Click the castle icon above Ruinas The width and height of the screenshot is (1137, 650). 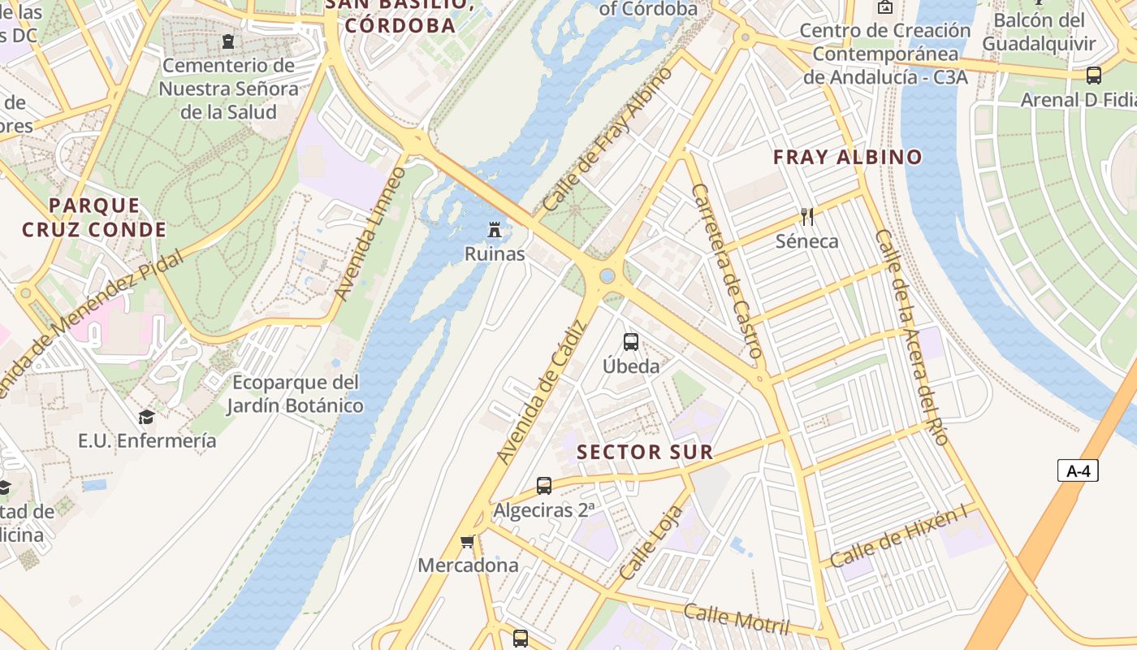tap(494, 230)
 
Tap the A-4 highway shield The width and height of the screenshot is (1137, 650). tap(1078, 470)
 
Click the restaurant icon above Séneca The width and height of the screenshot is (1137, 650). tap(806, 216)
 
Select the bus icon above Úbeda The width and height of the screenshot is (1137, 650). tap(631, 342)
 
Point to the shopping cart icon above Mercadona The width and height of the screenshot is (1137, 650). tap(467, 541)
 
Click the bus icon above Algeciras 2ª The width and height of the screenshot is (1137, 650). tap(544, 486)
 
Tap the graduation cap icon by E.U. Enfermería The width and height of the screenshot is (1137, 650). tap(146, 417)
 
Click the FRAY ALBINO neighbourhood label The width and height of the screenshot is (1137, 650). tap(848, 158)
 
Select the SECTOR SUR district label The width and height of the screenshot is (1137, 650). tap(645, 453)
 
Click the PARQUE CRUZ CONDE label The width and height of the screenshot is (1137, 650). tap(94, 218)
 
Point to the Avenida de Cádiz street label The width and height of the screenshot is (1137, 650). tap(542, 393)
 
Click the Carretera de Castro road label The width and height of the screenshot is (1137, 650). tap(727, 271)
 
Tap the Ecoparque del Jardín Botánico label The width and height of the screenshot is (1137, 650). tap(295, 393)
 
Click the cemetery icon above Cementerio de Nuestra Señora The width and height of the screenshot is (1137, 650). tap(228, 41)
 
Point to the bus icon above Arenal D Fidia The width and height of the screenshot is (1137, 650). tap(1094, 76)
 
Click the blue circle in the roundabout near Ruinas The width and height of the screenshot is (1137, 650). tap(607, 276)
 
